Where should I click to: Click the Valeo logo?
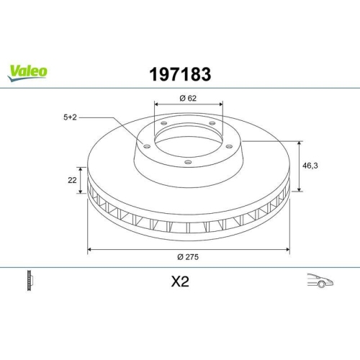click(x=28, y=71)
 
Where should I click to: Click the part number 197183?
click(x=179, y=73)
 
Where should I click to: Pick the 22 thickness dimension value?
click(x=73, y=181)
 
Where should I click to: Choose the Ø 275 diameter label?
click(x=188, y=258)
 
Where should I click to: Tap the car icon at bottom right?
click(x=319, y=282)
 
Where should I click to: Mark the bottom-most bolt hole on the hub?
click(x=188, y=162)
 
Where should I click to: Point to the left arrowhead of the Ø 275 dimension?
click(x=89, y=249)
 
